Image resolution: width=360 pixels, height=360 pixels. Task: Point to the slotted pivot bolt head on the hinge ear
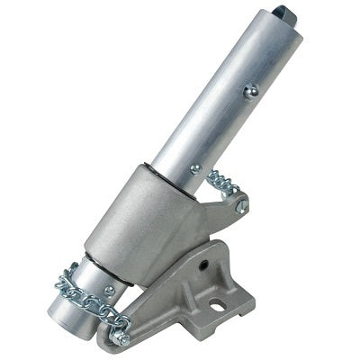click(x=240, y=206)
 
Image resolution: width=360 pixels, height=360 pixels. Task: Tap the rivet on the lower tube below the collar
click(x=109, y=290)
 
